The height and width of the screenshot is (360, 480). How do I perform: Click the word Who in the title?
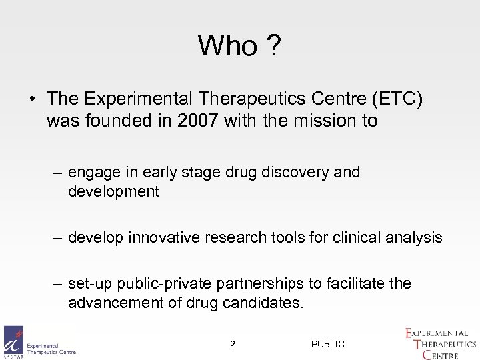pyautogui.click(x=227, y=46)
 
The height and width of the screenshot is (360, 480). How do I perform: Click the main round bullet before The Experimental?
pyautogui.click(x=32, y=98)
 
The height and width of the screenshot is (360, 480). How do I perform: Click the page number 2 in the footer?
pyautogui.click(x=231, y=344)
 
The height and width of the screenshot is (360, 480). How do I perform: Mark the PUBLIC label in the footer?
pyautogui.click(x=327, y=344)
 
